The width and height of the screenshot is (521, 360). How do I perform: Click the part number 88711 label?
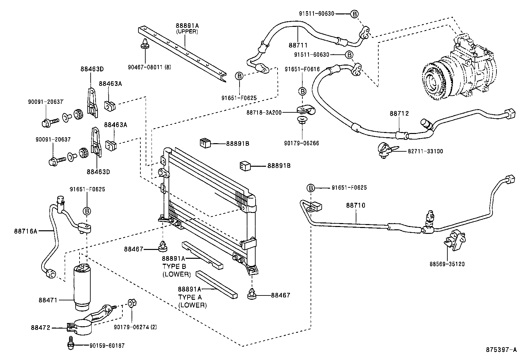298,45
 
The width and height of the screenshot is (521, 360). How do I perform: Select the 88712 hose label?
399,114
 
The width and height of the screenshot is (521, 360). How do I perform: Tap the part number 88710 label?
355,205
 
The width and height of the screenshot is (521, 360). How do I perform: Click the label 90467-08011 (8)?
149,67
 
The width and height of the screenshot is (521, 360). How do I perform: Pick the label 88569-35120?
447,264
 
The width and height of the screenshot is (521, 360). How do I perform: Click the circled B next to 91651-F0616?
302,91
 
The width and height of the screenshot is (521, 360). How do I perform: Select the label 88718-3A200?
264,112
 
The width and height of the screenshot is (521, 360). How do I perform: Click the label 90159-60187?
107,346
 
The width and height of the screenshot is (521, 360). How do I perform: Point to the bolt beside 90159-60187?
70,343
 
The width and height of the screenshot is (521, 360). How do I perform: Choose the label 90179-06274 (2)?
135,327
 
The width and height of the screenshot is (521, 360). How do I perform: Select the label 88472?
41,327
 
